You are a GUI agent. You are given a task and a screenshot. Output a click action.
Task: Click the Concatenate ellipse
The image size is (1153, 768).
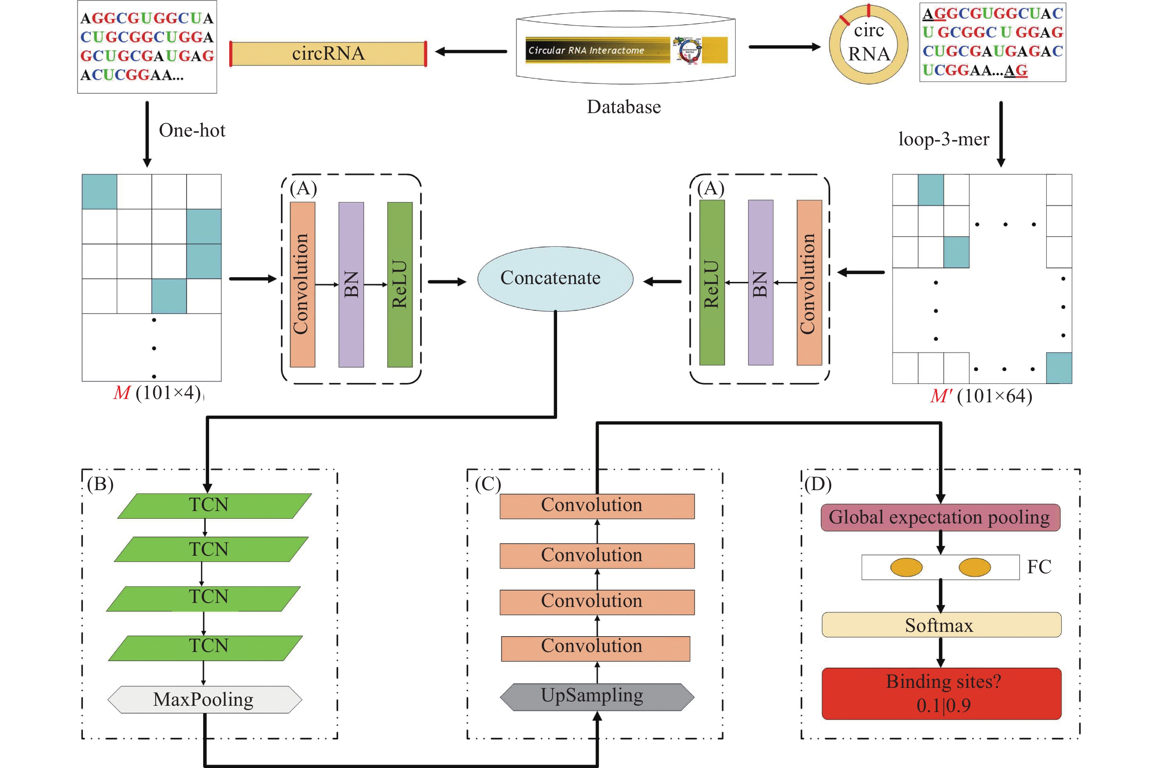[555, 278]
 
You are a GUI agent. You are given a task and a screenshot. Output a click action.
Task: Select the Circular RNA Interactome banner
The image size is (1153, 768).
[626, 50]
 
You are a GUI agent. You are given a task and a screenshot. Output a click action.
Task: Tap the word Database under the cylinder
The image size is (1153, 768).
[623, 107]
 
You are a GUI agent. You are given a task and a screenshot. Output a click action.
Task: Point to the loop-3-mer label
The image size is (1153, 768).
[943, 139]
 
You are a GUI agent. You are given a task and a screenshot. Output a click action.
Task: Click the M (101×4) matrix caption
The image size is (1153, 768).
[157, 393]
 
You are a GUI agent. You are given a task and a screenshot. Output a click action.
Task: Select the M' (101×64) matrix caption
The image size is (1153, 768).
[981, 396]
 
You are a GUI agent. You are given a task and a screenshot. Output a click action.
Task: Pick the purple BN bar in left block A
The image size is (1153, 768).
[351, 284]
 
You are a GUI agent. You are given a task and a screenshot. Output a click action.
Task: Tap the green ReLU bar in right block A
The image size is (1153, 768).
[711, 283]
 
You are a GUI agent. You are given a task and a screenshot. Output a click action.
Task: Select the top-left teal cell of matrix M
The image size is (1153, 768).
[100, 191]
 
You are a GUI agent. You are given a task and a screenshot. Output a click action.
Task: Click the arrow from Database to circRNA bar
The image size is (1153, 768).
[471, 51]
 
